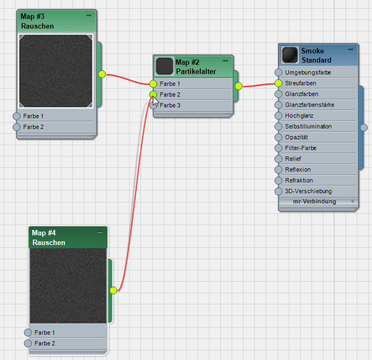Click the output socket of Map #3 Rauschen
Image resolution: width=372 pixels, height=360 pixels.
click(102, 74)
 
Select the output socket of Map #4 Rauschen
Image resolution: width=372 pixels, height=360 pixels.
click(113, 290)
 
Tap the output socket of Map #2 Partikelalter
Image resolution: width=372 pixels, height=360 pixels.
click(239, 86)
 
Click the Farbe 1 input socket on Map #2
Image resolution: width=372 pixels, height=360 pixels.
click(153, 84)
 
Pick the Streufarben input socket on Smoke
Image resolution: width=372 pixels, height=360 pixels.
click(278, 83)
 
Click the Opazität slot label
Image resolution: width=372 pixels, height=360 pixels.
click(296, 137)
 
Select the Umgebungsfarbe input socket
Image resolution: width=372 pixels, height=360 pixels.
click(278, 72)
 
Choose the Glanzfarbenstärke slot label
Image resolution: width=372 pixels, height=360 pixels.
click(309, 105)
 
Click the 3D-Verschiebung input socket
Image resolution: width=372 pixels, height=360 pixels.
click(278, 191)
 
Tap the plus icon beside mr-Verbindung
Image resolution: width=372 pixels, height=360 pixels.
click(353, 201)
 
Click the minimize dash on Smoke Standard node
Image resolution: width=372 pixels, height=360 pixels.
click(350, 50)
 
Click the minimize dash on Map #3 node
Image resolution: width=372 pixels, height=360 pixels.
click(89, 16)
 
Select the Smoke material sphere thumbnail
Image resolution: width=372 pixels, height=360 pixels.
click(290, 55)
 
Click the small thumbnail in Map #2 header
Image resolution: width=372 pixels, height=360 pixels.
click(165, 66)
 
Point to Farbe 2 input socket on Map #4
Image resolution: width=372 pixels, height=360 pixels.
click(28, 343)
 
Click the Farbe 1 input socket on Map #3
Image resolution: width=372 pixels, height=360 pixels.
click(16, 116)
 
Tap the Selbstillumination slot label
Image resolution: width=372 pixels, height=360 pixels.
click(308, 126)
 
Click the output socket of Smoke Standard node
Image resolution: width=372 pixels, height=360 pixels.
click(364, 127)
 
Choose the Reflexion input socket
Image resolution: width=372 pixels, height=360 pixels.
click(278, 169)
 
